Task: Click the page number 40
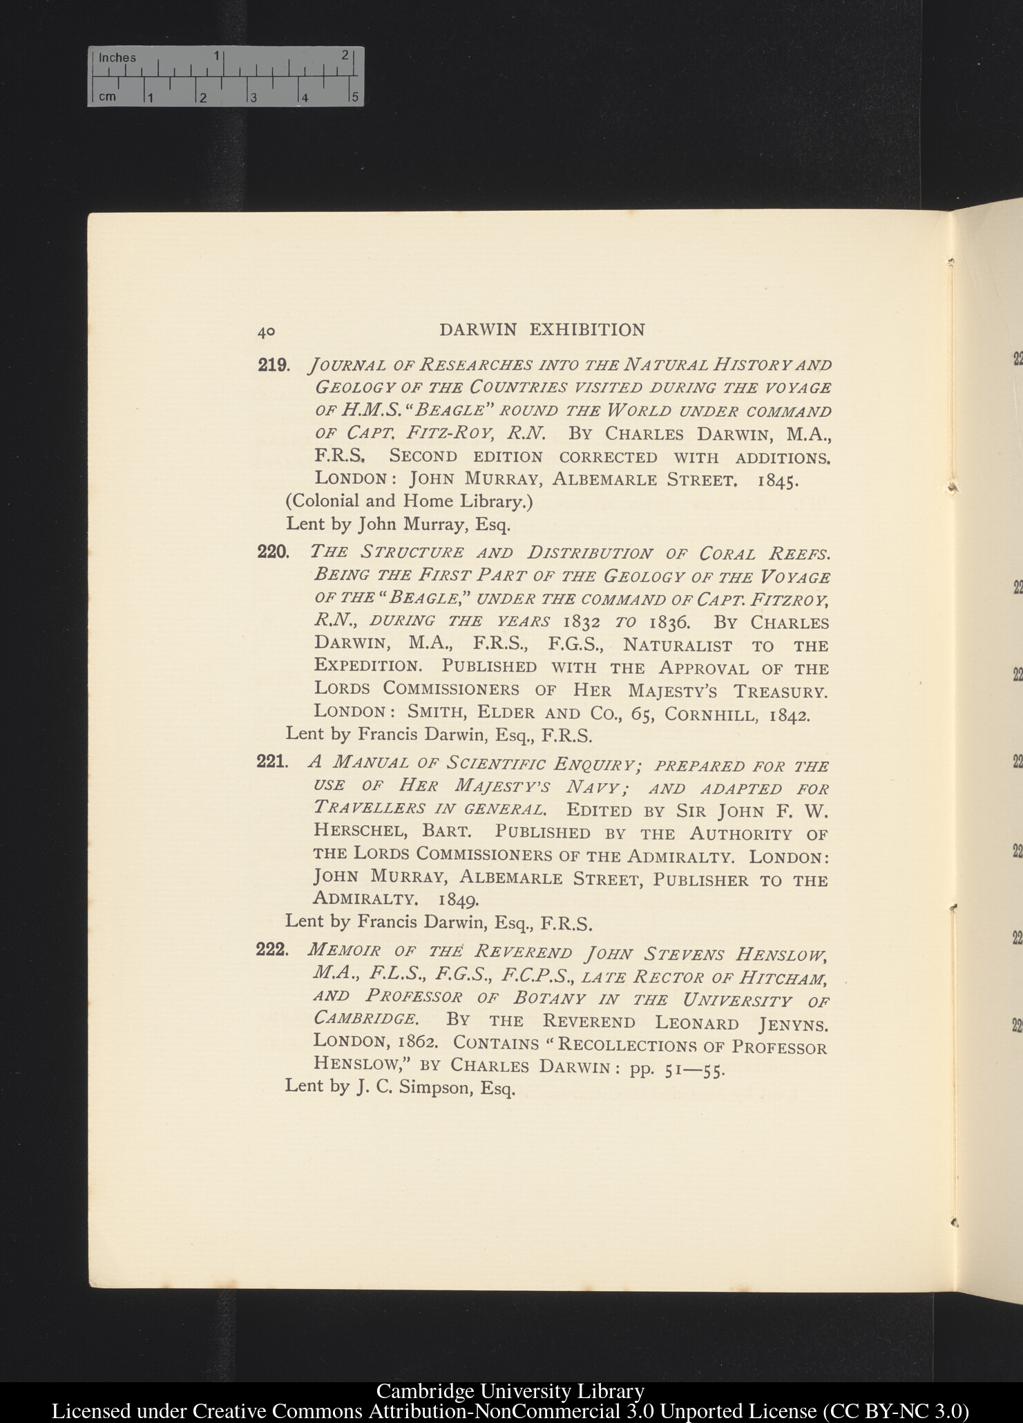pos(266,332)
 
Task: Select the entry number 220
pos(272,553)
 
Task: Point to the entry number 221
pos(271,762)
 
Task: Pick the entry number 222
pos(271,950)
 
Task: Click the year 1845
pos(778,481)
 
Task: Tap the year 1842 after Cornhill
pos(790,715)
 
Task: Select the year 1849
pos(459,901)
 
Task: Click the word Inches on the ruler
pos(117,58)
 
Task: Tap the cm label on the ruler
pos(107,97)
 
